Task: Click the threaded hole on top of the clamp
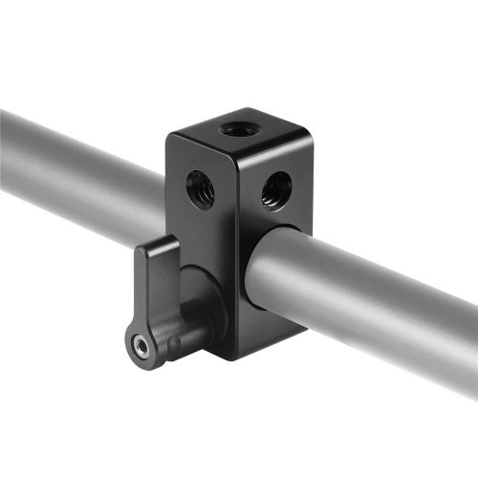pos(233,128)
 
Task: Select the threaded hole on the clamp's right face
pos(277,187)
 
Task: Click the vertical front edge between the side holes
pos(239,201)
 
